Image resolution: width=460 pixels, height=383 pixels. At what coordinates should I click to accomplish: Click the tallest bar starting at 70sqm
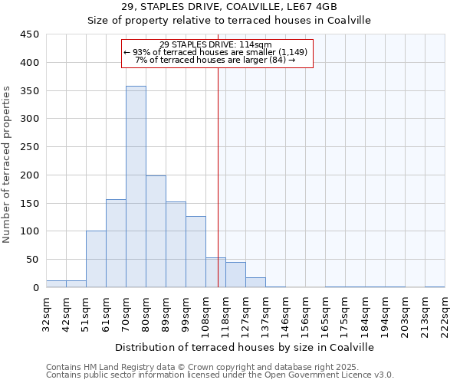coord(136,187)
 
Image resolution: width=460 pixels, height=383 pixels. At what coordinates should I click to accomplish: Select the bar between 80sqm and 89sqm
coord(156,231)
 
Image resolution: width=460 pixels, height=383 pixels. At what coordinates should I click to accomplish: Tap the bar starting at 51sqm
coord(96,259)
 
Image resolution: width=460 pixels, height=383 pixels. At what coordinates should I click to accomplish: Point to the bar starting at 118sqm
coord(235,275)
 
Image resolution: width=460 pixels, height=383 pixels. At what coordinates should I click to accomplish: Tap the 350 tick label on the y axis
coord(29,90)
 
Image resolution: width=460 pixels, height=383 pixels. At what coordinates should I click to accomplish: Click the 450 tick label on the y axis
coord(29,34)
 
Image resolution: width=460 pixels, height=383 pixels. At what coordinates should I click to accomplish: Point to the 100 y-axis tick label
coord(29,231)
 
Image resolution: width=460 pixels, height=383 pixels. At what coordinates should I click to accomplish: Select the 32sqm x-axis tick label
coord(51,314)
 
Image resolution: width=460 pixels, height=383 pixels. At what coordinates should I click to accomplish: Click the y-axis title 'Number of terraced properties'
coord(7,164)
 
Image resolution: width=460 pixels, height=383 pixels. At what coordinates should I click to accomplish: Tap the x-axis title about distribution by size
coord(248,347)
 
